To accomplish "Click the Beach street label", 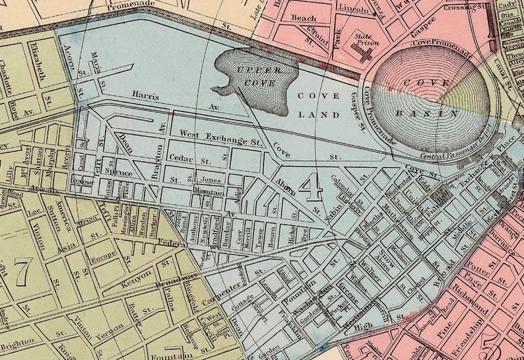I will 304,18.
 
